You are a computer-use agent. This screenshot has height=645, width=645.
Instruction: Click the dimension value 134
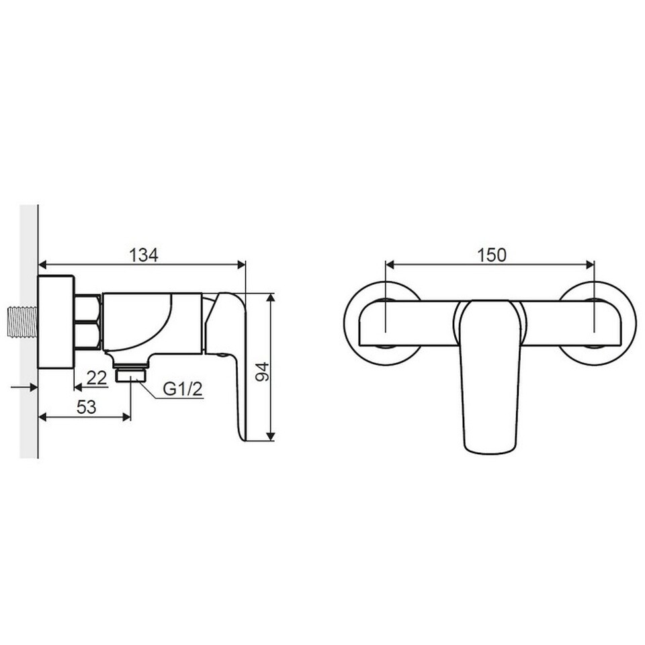pyautogui.click(x=144, y=255)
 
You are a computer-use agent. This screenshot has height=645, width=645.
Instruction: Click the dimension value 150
pyautogui.click(x=492, y=255)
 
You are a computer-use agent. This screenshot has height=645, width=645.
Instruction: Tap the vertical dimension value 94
pyautogui.click(x=263, y=372)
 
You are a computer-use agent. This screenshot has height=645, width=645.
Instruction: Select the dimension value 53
pyautogui.click(x=87, y=407)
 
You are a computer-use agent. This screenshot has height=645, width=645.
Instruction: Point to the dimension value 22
pyautogui.click(x=97, y=378)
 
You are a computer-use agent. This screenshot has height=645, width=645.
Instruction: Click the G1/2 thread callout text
pyautogui.click(x=183, y=389)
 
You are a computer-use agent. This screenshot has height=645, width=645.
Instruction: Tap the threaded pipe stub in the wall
pyautogui.click(x=23, y=323)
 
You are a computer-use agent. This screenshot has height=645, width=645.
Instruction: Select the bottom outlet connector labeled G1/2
pyautogui.click(x=131, y=375)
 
